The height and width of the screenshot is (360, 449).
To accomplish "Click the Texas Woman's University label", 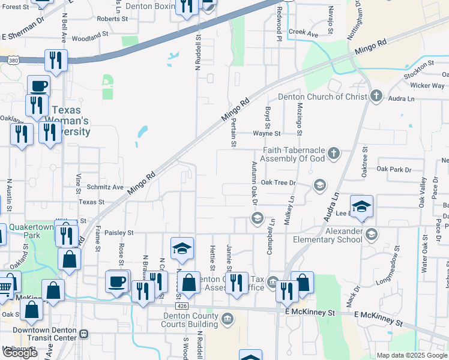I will [x=71, y=121].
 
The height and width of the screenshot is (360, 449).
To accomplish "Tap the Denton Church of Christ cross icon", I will [x=376, y=96].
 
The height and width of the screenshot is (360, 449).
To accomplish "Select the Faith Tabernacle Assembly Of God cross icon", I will [x=333, y=154].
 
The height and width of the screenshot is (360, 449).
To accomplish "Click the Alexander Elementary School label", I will [x=328, y=235].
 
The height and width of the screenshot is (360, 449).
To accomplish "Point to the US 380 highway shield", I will [x=12, y=60].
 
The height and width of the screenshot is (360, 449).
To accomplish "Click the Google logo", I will [x=20, y=353].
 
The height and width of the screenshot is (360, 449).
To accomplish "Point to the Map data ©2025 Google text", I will [x=411, y=355].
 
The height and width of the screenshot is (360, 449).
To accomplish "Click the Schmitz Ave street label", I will [x=104, y=187].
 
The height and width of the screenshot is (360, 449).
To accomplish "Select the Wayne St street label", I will [x=267, y=133].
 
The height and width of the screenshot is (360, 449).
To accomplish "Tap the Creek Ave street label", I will [x=303, y=32].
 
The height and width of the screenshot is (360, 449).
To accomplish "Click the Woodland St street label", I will [x=89, y=35].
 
